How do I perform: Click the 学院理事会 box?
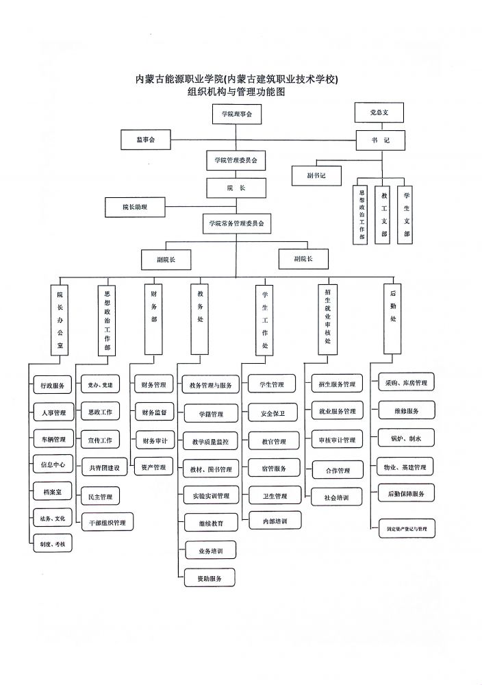click(232, 114)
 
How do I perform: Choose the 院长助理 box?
click(135, 206)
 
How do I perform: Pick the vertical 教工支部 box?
click(385, 214)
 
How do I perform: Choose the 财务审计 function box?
click(154, 440)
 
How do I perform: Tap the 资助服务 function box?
click(210, 578)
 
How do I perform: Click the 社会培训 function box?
click(331, 498)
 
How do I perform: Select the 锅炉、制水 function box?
click(403, 438)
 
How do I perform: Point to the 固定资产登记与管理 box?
click(407, 529)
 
